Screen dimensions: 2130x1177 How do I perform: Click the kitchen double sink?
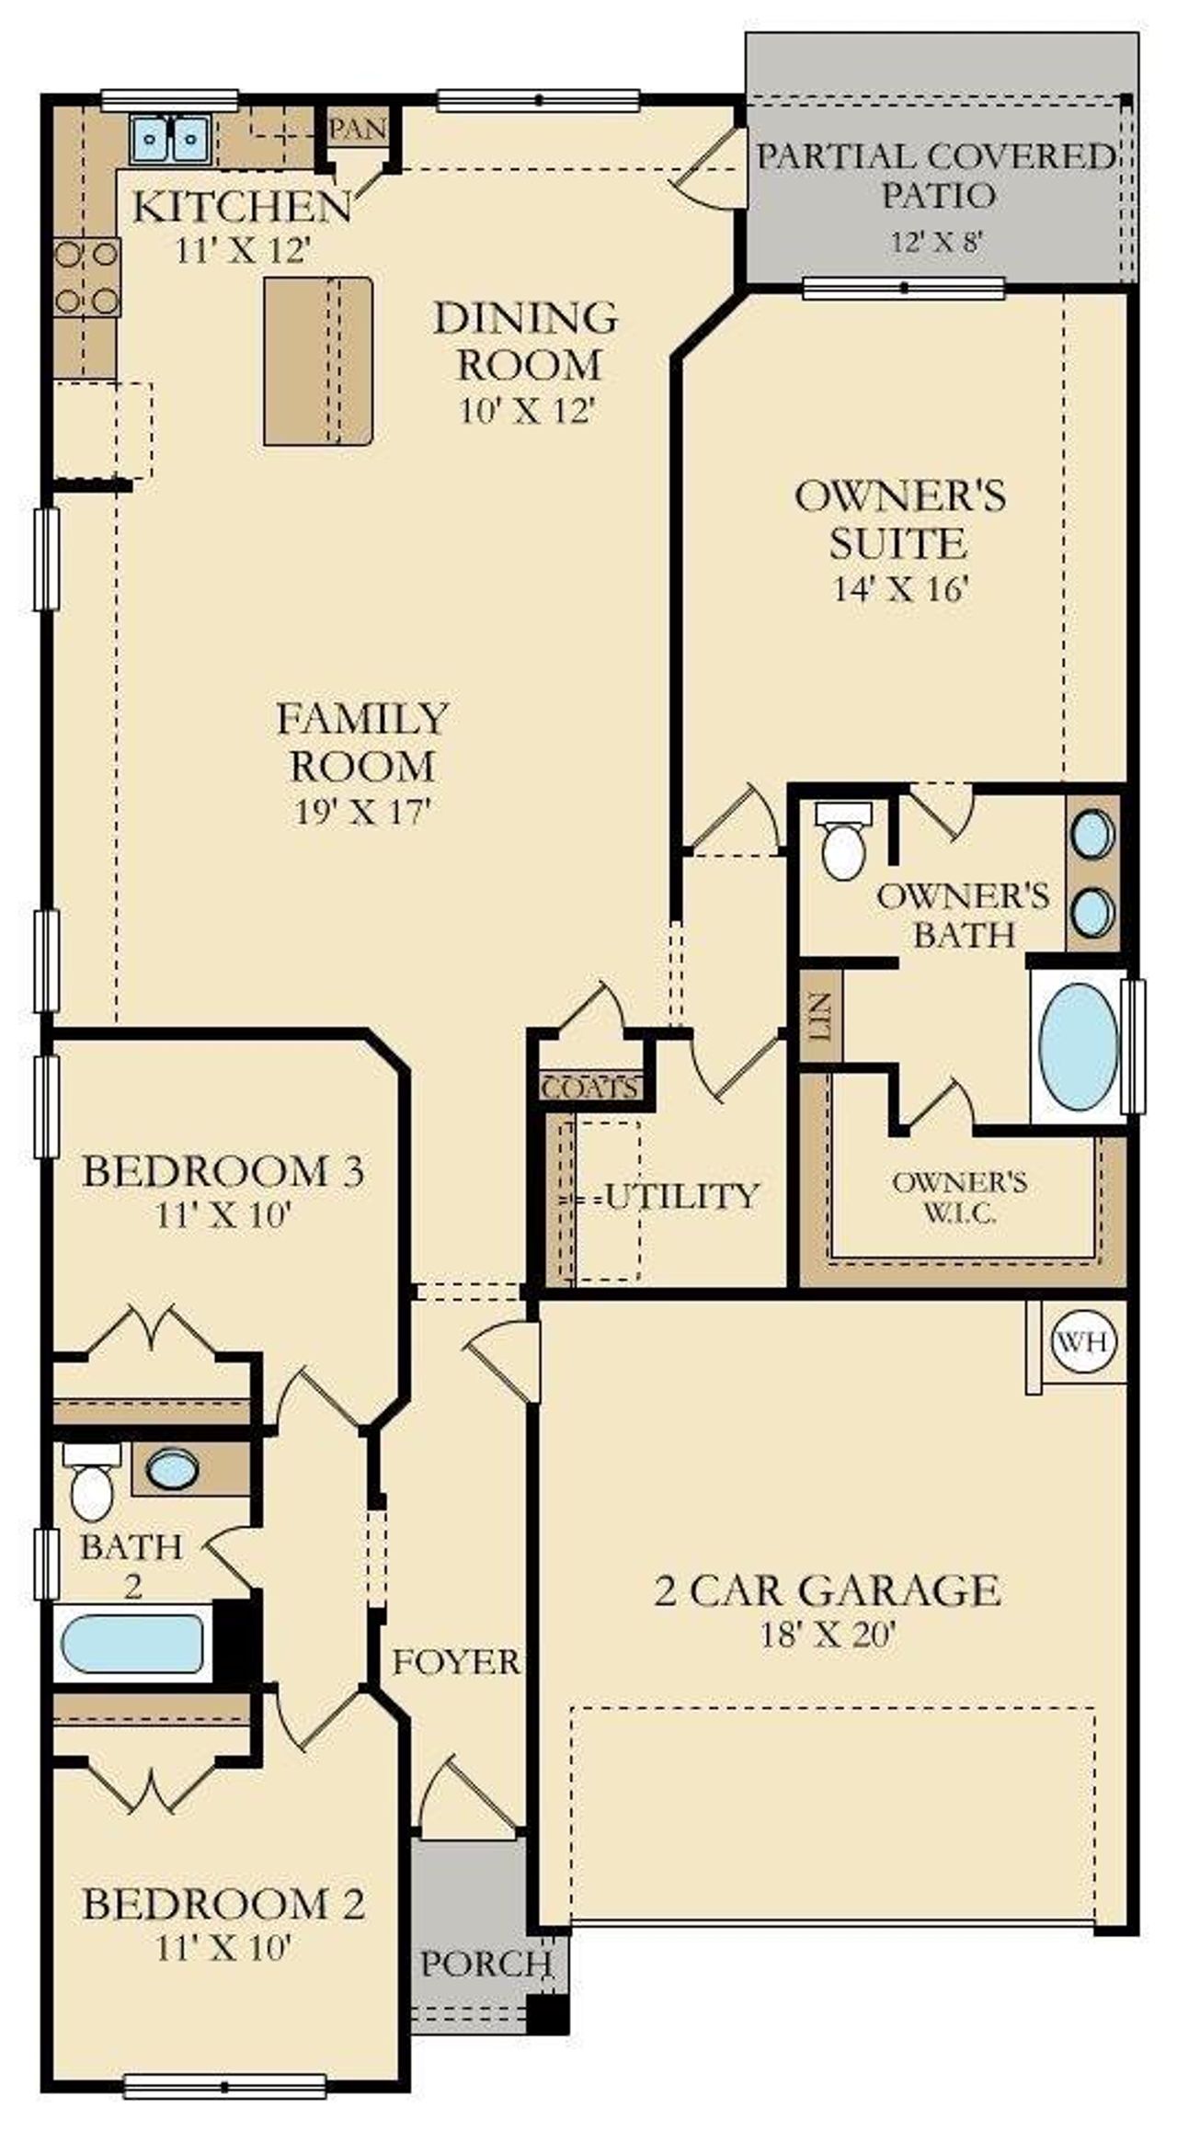tap(174, 139)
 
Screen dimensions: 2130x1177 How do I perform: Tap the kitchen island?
tap(318, 361)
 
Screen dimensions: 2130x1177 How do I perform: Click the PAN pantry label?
tap(357, 129)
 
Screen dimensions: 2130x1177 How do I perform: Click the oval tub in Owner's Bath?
tap(1077, 1046)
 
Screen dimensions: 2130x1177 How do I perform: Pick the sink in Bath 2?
tap(173, 1469)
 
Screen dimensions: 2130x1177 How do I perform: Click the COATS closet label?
tap(589, 1088)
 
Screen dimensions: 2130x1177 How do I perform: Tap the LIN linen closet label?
tap(821, 1015)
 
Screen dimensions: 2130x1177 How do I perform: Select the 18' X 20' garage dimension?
tap(828, 1634)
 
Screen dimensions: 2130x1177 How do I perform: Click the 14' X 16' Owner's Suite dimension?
tap(901, 587)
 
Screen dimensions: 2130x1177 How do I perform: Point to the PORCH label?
tap(485, 1963)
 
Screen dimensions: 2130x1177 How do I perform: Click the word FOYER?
tap(456, 1661)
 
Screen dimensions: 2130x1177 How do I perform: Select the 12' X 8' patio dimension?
tap(937, 242)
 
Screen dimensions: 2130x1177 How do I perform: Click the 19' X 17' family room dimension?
tap(362, 812)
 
